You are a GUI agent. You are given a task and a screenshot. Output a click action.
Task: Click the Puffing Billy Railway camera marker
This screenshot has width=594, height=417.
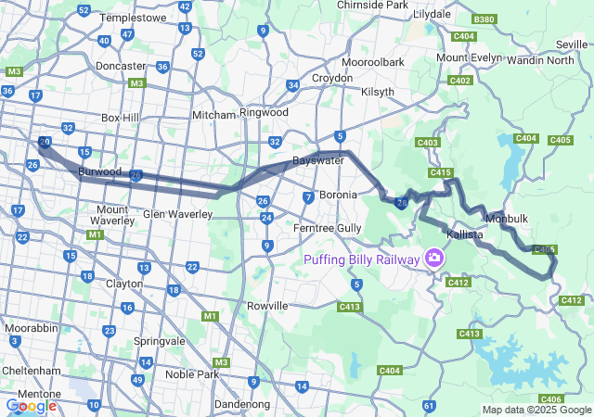pos(433,256)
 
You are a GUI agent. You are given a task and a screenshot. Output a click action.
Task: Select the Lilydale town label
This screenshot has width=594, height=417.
pos(432,15)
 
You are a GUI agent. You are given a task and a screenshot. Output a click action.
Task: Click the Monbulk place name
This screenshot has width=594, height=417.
pos(507,218)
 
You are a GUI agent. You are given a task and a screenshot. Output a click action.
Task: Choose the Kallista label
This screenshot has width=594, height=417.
pos(465,234)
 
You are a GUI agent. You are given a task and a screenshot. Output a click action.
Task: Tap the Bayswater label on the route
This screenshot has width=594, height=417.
pos(318,160)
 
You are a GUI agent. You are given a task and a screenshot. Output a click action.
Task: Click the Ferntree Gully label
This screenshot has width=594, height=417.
pos(325,227)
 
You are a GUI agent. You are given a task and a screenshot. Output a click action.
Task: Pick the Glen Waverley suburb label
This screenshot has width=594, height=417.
pos(177,214)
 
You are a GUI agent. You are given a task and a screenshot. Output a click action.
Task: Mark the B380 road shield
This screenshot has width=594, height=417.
pos(484,19)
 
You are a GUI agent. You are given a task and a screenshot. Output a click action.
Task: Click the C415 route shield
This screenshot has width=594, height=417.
pos(440,172)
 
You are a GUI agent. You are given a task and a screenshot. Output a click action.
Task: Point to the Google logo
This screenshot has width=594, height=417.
pos(31,405)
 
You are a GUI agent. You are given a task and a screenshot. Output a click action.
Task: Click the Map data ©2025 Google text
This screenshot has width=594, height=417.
pos(536,410)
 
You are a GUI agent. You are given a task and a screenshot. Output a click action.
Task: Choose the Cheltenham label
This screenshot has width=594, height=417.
pos(30,369)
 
